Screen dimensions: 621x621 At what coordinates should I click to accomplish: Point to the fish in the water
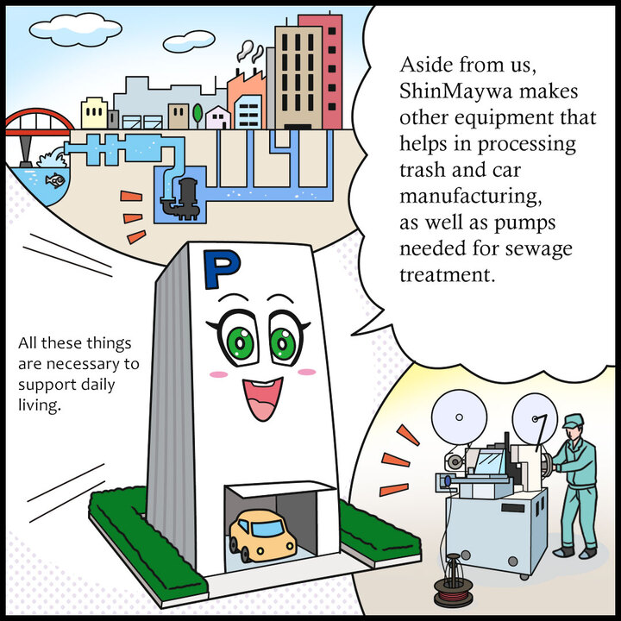[54, 180]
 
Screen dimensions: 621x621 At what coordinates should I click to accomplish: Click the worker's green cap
[573, 421]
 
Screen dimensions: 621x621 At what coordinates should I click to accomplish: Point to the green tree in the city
[198, 112]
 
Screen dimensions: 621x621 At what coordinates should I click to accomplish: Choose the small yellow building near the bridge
[93, 113]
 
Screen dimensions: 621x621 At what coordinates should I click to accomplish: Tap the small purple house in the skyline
[217, 117]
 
